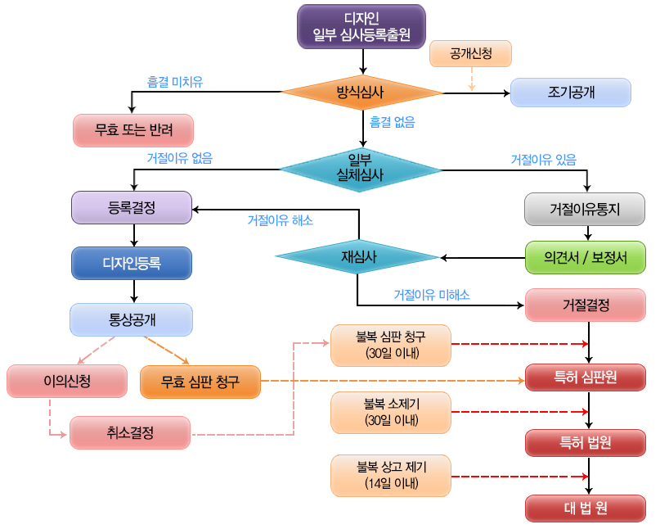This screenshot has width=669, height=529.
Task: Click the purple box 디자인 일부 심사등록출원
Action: [361, 26]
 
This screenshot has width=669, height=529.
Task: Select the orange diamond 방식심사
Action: [361, 93]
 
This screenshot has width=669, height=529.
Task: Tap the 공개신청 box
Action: [470, 53]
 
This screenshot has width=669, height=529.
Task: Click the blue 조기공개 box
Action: [570, 93]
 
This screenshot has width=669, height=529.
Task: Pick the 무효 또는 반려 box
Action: [133, 130]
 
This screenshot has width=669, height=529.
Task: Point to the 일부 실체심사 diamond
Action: [361, 170]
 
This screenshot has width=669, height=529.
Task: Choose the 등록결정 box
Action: [132, 208]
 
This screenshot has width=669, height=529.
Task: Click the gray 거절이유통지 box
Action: [585, 210]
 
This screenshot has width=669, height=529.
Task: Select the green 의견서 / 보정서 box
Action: [586, 258]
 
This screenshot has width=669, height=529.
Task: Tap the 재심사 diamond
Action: [357, 256]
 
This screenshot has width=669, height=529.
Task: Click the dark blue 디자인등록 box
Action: [132, 263]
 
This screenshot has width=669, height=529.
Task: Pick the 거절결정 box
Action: [586, 305]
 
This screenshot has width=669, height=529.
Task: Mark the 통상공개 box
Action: [132, 319]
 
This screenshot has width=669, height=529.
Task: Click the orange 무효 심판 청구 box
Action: [200, 382]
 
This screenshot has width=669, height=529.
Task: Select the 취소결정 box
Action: [130, 433]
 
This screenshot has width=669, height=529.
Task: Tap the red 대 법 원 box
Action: [586, 509]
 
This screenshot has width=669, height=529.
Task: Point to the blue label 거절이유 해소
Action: [281, 220]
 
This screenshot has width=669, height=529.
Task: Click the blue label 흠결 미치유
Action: [175, 82]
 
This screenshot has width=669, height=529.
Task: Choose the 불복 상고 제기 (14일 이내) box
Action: [391, 476]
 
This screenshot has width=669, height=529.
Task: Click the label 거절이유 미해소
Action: [432, 295]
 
